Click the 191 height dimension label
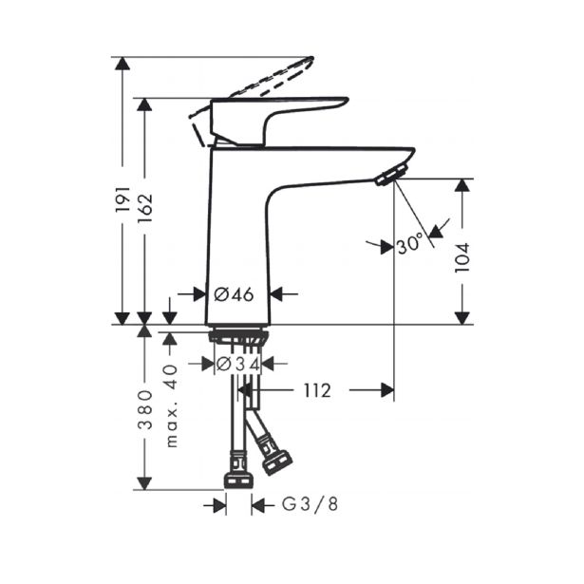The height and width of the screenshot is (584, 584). pos(122,200)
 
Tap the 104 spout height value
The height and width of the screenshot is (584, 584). pos(462,257)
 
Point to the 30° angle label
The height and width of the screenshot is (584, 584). pos(409,245)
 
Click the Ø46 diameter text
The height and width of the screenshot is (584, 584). pos(234,295)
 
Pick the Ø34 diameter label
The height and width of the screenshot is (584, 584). pos(237,364)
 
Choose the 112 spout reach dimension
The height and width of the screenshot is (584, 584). pos(317,390)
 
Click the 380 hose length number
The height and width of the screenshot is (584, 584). pos(145,410)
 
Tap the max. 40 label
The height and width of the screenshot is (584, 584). pos(171,406)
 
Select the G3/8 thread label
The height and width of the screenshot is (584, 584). pos(310,504)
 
